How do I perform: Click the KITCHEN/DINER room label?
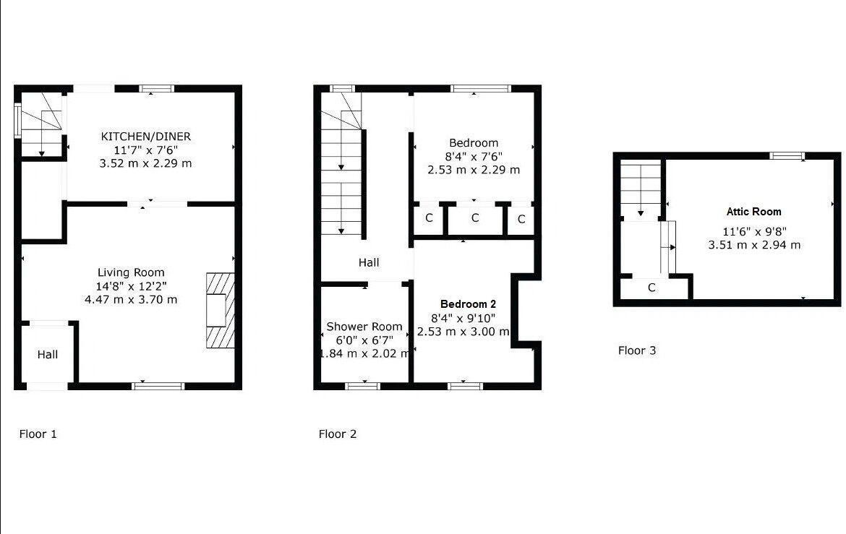[145, 136]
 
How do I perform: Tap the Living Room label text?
[131, 272]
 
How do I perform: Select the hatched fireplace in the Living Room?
[221, 311]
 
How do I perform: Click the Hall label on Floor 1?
[48, 354]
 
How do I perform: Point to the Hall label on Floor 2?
[369, 262]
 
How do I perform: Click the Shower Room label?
[364, 327]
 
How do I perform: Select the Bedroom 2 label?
[468, 304]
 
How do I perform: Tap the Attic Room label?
[753, 212]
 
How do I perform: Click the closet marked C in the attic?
[651, 288]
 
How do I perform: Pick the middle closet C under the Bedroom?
[475, 218]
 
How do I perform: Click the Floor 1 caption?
[38, 434]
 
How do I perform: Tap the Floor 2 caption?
[338, 434]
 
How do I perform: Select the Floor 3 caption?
[637, 350]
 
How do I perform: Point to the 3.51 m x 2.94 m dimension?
[753, 245]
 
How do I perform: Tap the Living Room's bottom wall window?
[158, 386]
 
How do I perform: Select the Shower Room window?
[362, 386]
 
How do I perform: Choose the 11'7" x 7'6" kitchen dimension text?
[145, 150]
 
